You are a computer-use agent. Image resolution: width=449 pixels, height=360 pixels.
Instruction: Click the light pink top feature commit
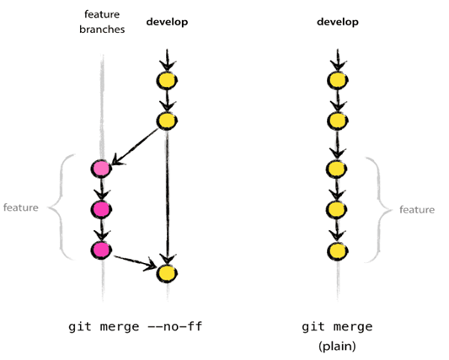click(x=101, y=169)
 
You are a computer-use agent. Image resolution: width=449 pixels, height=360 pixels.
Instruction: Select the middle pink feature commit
click(x=101, y=209)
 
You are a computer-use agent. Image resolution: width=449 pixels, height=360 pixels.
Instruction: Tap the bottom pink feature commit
click(x=101, y=250)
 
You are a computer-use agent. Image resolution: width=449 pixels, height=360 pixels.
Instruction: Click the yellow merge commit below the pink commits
click(x=167, y=273)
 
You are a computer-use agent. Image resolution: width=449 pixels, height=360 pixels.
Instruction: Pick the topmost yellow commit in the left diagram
click(x=167, y=81)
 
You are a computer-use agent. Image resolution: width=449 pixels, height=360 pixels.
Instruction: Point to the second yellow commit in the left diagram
click(x=167, y=121)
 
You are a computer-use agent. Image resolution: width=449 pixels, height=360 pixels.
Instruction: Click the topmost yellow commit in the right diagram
click(x=338, y=81)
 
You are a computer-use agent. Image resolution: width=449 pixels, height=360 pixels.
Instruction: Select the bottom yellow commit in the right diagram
click(x=338, y=251)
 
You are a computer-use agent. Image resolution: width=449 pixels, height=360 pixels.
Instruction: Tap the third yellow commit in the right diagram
click(x=337, y=169)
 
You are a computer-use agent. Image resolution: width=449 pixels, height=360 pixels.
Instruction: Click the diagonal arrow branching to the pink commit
click(x=135, y=146)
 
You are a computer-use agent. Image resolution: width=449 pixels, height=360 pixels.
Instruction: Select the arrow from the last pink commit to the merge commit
click(x=135, y=262)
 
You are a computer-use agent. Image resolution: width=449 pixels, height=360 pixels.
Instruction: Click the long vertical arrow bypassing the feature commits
click(x=168, y=197)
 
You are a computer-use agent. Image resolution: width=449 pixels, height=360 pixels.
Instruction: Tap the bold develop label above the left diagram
click(x=167, y=22)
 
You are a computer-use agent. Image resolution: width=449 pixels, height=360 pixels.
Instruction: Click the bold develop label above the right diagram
click(x=338, y=22)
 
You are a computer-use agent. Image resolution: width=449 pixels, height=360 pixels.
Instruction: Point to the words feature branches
click(x=102, y=22)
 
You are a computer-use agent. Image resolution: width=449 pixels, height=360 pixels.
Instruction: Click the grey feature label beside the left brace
click(x=20, y=207)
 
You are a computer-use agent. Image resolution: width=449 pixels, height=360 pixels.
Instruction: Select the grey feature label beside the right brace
click(x=417, y=210)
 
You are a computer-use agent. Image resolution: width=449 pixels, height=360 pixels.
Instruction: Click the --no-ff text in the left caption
click(x=174, y=326)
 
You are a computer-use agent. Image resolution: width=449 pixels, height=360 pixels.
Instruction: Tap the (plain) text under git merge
click(x=337, y=347)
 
